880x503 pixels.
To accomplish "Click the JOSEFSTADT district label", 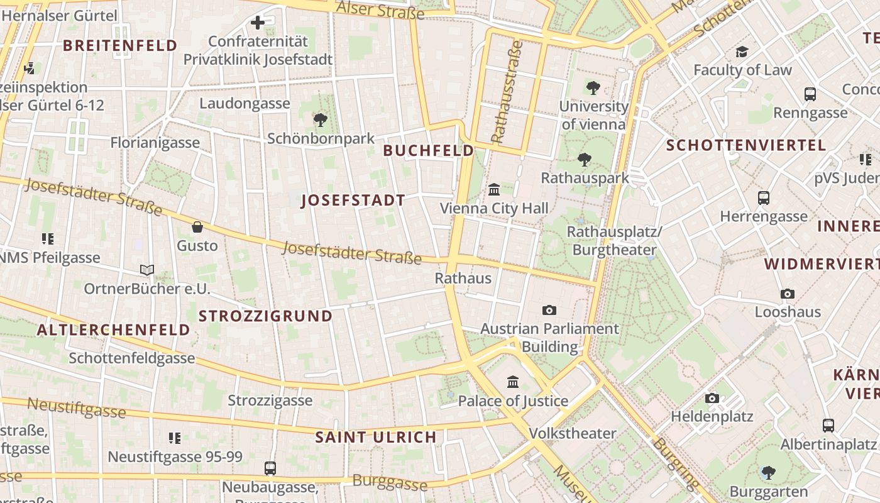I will (353, 201).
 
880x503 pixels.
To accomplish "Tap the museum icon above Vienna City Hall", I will (494, 189).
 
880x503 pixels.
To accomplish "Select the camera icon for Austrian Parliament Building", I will (549, 310).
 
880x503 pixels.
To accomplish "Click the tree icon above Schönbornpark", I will (321, 119).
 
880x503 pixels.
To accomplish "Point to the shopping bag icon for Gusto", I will (197, 227).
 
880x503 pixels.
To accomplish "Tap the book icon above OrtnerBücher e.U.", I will (147, 270).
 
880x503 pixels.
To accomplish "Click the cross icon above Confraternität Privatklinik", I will (258, 23).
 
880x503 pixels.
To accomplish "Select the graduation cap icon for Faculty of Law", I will (742, 52).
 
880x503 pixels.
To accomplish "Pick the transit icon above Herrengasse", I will (764, 198).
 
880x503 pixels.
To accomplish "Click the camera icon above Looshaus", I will (788, 294).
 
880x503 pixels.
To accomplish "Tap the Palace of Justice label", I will (513, 401).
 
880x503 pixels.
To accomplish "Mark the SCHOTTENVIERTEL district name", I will (746, 145).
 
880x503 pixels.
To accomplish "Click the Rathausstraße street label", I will (507, 92).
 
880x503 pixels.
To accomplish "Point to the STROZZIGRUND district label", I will (265, 316).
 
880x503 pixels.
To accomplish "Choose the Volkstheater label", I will (573, 433).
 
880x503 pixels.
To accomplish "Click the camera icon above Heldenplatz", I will (712, 398).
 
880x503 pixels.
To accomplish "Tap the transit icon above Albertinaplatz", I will (828, 426).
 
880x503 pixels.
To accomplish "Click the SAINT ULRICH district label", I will (376, 437).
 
